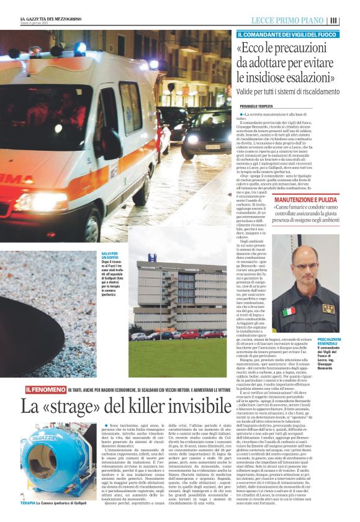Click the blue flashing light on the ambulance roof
click(x=80, y=48)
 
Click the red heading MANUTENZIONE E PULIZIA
click(x=307, y=200)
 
